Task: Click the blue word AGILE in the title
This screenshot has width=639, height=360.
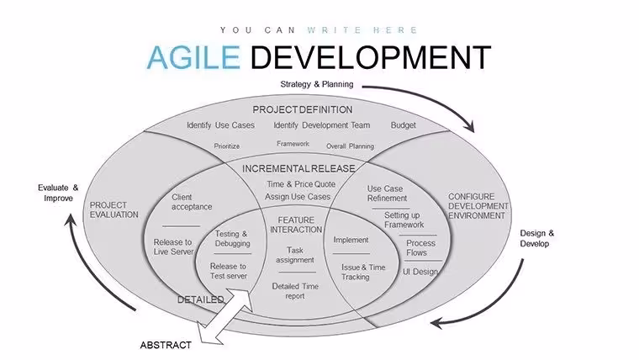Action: coord(193,57)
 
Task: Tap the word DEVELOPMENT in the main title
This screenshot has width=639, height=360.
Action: coord(371,57)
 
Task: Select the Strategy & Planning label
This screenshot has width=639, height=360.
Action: coord(317,84)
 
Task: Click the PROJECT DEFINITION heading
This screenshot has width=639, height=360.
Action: coord(303,109)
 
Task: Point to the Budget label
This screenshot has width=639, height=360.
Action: coord(404,125)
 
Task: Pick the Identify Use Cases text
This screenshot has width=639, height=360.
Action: coord(220,125)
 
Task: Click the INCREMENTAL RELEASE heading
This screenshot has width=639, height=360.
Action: coord(298,168)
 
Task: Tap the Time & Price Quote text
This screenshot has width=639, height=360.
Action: coord(301,184)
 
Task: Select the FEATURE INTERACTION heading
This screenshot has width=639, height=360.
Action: coord(296,225)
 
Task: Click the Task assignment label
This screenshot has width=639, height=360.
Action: coord(294,255)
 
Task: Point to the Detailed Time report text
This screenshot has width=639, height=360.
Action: coord(295,291)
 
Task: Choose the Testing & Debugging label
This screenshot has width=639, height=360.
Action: coord(232,239)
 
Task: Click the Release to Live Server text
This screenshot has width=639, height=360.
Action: coord(173,246)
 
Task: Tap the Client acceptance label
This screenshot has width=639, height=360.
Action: coord(192,202)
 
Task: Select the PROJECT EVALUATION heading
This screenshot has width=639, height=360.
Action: coord(114,209)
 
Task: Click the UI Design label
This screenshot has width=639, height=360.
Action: coord(420,272)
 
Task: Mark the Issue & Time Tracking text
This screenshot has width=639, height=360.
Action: coord(363,272)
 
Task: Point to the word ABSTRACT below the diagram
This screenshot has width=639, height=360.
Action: coord(166,345)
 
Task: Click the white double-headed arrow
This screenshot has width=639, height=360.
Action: coord(224,317)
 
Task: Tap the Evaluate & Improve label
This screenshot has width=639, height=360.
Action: coord(58,193)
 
